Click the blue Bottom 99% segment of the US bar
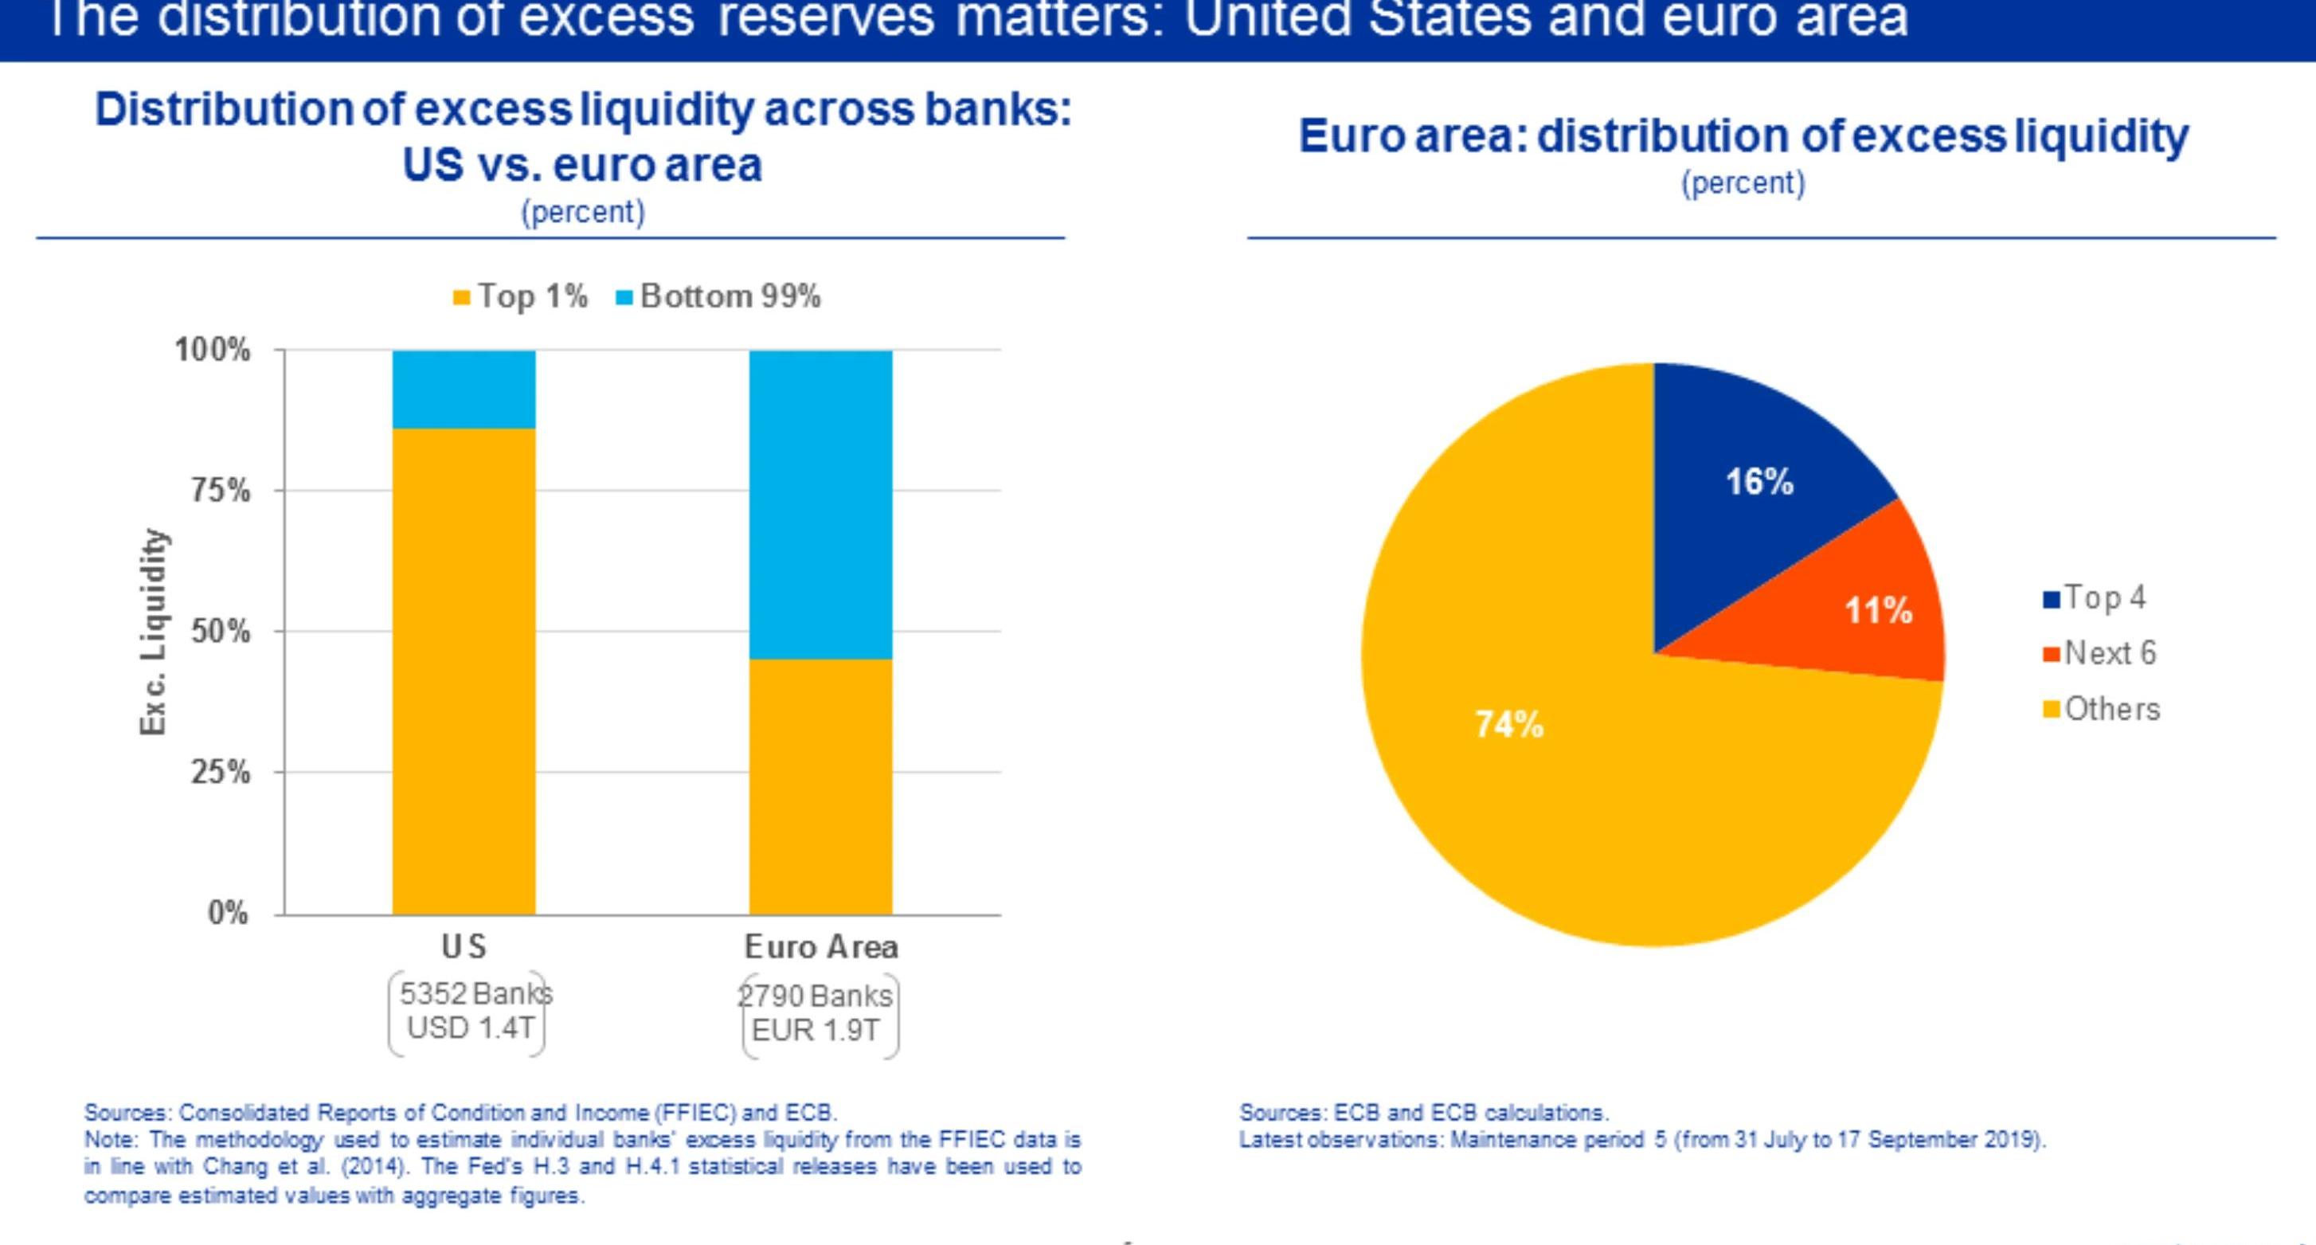pyautogui.click(x=464, y=389)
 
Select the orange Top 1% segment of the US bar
pyautogui.click(x=464, y=671)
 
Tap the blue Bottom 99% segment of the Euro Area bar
pyautogui.click(x=821, y=504)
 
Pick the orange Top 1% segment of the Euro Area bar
pyautogui.click(x=821, y=786)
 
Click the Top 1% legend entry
pyautogui.click(x=522, y=296)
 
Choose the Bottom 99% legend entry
pyautogui.click(x=719, y=296)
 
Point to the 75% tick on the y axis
pyautogui.click(x=221, y=491)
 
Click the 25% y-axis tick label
pyautogui.click(x=221, y=772)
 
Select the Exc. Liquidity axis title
pyautogui.click(x=154, y=632)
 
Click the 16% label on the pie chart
pyautogui.click(x=1759, y=483)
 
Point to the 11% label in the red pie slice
pyautogui.click(x=1878, y=611)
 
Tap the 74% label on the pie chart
pyautogui.click(x=1508, y=725)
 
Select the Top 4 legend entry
pyautogui.click(x=2095, y=597)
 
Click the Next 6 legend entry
pyautogui.click(x=2100, y=653)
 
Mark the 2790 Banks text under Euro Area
pyautogui.click(x=816, y=996)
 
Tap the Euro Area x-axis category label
pyautogui.click(x=821, y=946)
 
